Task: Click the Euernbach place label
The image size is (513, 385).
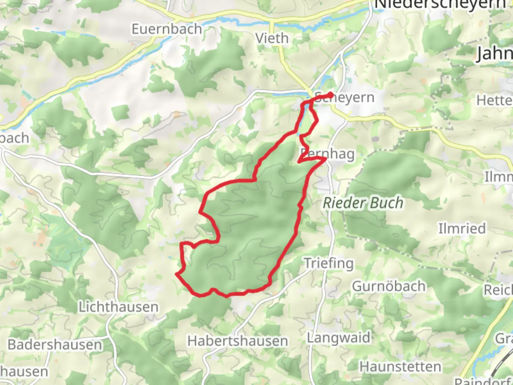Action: (x=167, y=29)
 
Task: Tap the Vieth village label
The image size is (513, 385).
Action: (x=272, y=38)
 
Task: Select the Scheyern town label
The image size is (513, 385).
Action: (x=344, y=97)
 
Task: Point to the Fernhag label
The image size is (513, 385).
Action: (x=327, y=154)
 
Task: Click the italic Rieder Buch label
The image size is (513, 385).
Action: (x=363, y=203)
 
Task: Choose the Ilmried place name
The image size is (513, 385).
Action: (x=462, y=228)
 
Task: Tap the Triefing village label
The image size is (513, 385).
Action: (x=329, y=263)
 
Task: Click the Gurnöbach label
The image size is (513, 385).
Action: (x=389, y=286)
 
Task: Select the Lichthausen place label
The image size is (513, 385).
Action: (x=118, y=307)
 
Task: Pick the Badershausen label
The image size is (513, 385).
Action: (x=55, y=345)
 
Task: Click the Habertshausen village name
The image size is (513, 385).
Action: (x=238, y=341)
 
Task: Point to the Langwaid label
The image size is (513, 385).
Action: (x=338, y=337)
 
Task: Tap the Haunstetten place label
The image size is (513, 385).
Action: (x=400, y=366)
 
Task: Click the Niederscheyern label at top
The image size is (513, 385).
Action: (x=440, y=4)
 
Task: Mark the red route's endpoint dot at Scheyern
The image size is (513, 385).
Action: (x=331, y=94)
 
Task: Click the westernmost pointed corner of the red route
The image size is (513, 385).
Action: (x=176, y=274)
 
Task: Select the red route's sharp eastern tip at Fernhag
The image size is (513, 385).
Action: (x=325, y=159)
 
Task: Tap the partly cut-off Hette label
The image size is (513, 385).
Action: (x=494, y=101)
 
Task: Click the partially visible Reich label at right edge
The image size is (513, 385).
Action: (x=498, y=290)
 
